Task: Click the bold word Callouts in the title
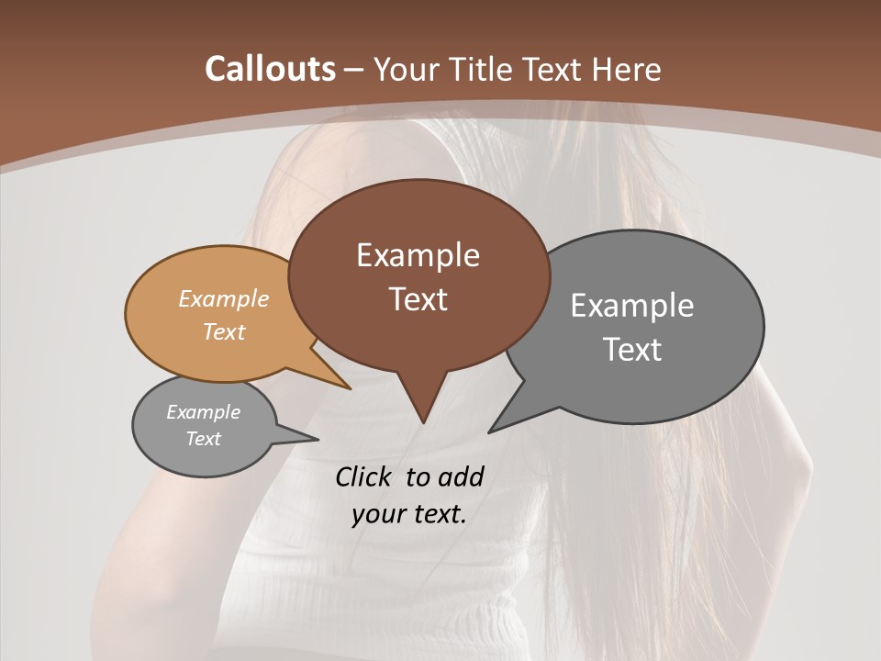(270, 69)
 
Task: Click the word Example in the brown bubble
(418, 255)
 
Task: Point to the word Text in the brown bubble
(418, 299)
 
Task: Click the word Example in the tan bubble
(224, 299)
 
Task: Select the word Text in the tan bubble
(224, 331)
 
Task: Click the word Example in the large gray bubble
(632, 306)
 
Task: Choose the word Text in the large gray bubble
(632, 350)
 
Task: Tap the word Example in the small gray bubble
(204, 412)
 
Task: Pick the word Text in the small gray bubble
(204, 439)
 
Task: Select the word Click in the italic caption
(363, 476)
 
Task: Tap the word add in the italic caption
(461, 476)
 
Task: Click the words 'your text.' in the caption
(409, 514)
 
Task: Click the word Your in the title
(405, 69)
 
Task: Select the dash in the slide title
(354, 70)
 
